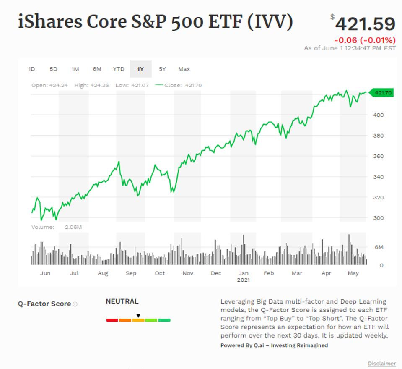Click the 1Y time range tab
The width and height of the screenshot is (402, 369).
click(140, 69)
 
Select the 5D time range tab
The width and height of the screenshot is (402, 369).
click(53, 69)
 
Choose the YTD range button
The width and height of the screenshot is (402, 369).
click(119, 69)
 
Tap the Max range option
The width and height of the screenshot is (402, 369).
click(184, 69)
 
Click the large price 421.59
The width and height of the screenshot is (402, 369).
click(365, 24)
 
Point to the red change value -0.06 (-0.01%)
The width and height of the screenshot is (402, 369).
click(365, 40)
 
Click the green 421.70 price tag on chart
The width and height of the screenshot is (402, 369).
click(383, 93)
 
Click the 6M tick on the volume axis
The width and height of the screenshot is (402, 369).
click(379, 247)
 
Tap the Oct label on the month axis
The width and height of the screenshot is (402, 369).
click(160, 273)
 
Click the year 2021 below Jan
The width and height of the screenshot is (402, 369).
click(243, 280)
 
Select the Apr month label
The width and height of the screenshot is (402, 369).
click(326, 273)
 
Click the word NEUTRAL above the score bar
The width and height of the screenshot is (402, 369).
click(122, 301)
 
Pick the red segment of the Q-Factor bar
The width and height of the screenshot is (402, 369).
click(112, 320)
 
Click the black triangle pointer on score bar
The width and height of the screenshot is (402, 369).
click(138, 316)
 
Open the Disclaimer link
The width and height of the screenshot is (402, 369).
click(381, 364)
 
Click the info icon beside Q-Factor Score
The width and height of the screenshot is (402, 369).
click(75, 304)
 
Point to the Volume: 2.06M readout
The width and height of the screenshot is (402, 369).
click(57, 227)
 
